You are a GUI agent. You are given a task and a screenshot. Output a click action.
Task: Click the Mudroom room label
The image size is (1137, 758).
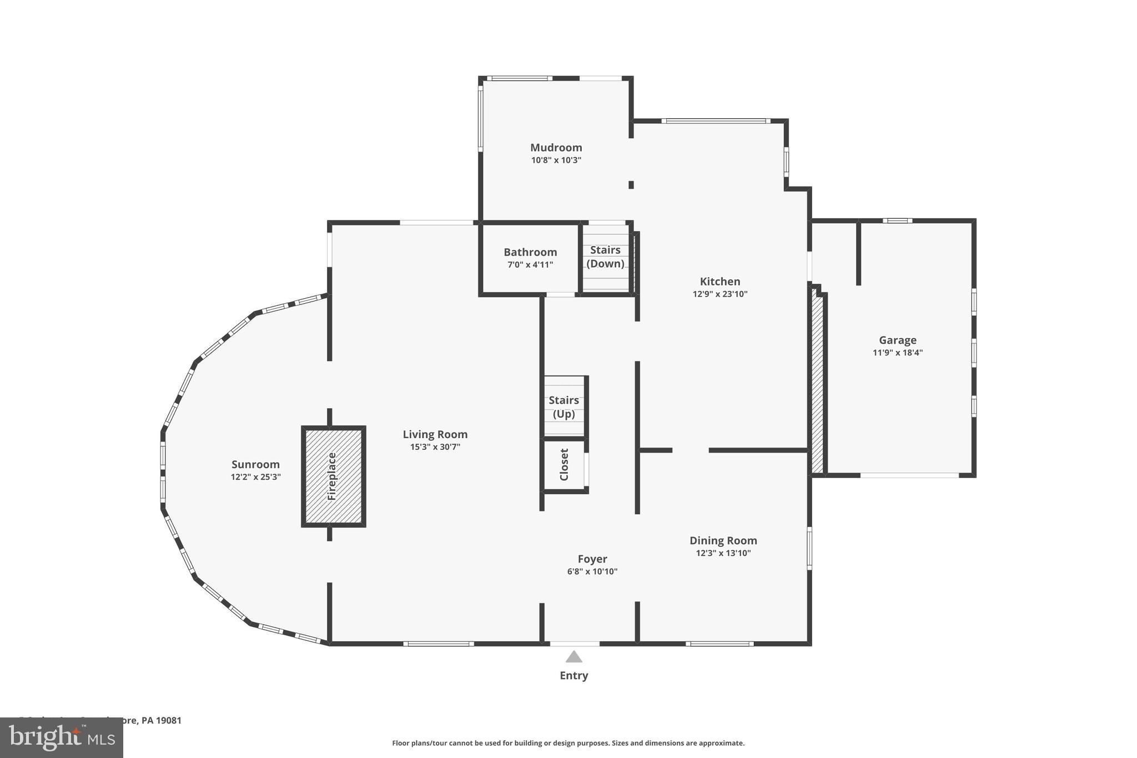point(556,147)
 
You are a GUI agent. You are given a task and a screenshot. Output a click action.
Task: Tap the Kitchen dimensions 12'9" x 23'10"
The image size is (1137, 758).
point(720,294)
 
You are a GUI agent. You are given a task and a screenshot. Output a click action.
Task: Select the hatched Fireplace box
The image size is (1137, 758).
point(333,476)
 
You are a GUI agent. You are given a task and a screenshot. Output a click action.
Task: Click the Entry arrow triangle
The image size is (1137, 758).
point(573,657)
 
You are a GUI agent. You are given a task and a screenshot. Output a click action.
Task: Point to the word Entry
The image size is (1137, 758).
point(573,675)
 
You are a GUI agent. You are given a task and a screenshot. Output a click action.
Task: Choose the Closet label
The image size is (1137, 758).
point(564,464)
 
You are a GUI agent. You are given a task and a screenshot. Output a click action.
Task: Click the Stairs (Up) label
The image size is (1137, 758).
point(564,406)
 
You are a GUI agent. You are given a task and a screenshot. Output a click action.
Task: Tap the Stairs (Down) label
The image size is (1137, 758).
point(605,257)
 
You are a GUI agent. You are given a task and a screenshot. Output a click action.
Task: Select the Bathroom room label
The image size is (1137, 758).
point(530,252)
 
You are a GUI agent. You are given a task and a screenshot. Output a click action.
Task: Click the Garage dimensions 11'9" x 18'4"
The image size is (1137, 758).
point(897,353)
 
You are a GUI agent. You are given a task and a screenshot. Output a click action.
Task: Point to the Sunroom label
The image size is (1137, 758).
point(255,464)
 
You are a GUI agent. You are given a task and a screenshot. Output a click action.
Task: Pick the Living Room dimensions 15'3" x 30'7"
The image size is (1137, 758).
point(435,447)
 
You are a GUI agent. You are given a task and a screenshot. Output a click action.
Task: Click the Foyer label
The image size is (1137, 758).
point(592,559)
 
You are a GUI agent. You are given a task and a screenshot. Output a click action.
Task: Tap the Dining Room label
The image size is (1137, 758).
point(723,540)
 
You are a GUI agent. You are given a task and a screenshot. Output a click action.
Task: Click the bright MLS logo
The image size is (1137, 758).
point(61,737)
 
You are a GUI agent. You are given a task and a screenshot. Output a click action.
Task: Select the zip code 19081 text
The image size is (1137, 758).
point(169,720)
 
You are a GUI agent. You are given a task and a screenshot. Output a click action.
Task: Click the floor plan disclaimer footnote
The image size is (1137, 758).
point(568,743)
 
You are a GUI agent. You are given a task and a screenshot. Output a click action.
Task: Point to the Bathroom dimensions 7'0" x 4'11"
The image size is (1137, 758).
point(530,265)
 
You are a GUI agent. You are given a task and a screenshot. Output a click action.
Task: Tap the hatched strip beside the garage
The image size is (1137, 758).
point(817,383)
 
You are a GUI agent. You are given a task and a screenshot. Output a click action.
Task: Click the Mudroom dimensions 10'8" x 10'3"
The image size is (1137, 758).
point(556,160)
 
